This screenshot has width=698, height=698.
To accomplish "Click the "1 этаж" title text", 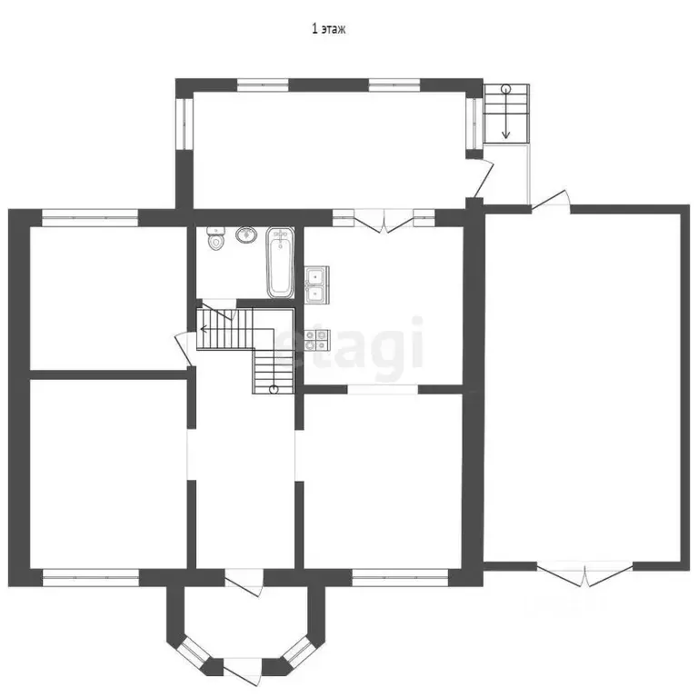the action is [x=328, y=29].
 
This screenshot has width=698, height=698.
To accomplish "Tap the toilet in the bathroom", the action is [x=216, y=238].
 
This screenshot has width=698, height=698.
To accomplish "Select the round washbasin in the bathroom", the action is [x=246, y=234].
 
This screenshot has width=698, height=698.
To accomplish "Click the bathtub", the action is [x=280, y=262].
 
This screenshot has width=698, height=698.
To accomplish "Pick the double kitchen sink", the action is [x=316, y=284].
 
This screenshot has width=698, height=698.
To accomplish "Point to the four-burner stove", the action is [x=316, y=339].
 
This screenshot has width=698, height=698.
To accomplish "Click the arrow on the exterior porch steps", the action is [x=505, y=113].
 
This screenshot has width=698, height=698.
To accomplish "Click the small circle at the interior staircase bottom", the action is [x=274, y=390].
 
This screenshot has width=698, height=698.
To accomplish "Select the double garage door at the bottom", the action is [x=584, y=574].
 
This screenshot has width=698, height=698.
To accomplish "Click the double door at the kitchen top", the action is [x=384, y=221].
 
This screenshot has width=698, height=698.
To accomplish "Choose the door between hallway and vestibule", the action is [x=244, y=583].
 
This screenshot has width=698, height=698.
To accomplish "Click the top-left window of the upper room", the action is [x=263, y=85].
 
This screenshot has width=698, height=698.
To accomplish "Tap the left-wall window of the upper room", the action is [x=184, y=124].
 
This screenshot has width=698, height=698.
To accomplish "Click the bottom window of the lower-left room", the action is [x=90, y=577].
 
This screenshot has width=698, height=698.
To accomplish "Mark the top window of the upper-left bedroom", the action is [x=90, y=218].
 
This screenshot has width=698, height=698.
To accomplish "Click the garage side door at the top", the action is [x=551, y=200].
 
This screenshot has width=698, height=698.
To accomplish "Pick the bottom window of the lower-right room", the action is [x=400, y=577].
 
